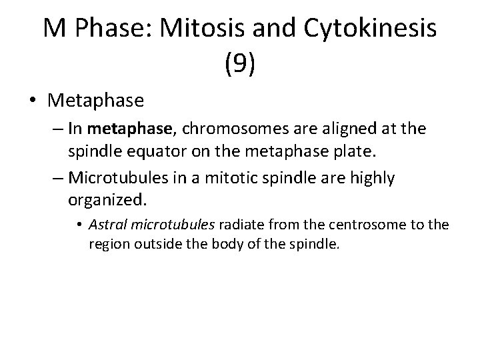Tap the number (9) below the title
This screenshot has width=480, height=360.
pyautogui.click(x=240, y=64)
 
